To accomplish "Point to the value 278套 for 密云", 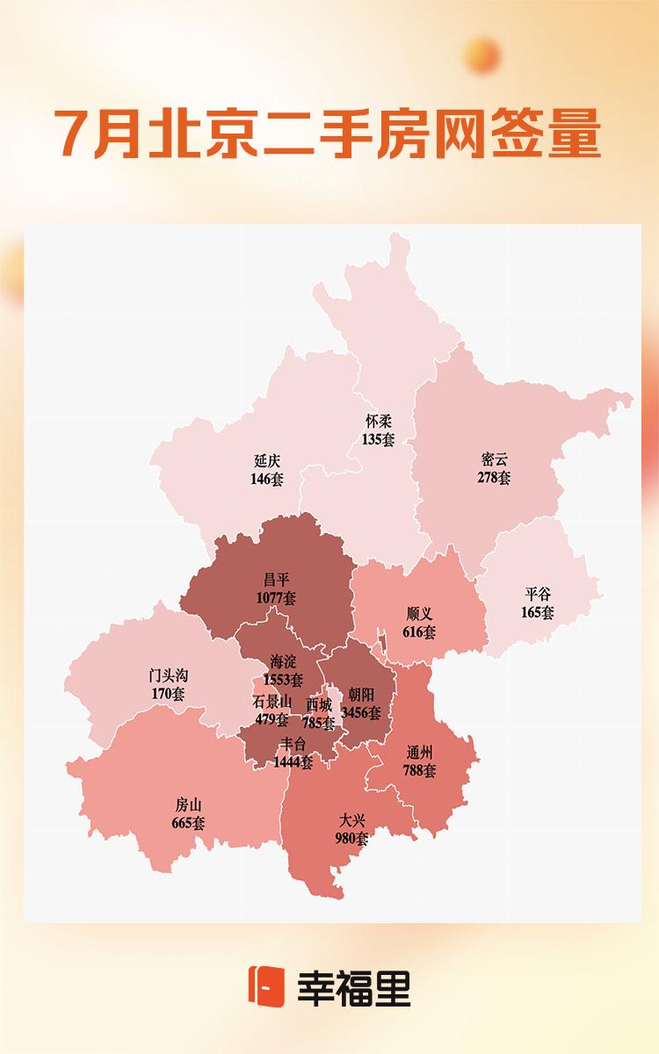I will point(494,478).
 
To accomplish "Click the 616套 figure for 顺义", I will point(420,632).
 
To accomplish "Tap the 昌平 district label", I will point(276,581).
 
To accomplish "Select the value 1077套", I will point(276,597).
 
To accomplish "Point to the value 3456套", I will point(361,713).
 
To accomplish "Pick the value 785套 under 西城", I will point(319,724).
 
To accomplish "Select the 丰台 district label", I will point(293,745).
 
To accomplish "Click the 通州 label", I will point(420,754).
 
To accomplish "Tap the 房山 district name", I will point(189,806).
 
